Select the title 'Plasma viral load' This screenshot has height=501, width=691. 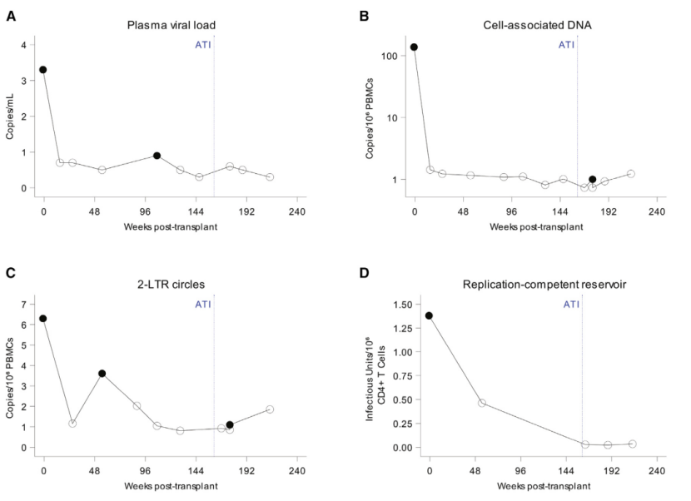coord(174,25)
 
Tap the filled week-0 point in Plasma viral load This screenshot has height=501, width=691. coord(43,70)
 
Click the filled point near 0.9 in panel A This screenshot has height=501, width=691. coord(157,156)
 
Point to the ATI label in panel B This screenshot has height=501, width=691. coord(566,44)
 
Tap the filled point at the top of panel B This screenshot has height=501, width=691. coord(414,47)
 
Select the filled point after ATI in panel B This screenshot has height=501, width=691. coord(592,179)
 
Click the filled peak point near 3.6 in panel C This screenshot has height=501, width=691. coord(102,374)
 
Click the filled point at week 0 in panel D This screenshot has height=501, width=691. coord(429,315)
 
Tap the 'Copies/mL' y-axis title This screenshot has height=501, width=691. coord(11,115)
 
